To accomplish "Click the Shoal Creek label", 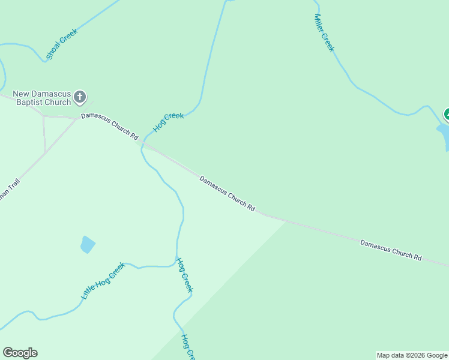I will (61, 44).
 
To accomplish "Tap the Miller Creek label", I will (324, 33).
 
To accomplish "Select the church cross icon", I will (80, 97).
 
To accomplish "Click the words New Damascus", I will (42, 94).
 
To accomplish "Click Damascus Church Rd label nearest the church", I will (110, 126).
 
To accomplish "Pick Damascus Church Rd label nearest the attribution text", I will (391, 250).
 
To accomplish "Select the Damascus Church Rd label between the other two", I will (228, 193).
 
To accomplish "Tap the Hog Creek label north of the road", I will (169, 122).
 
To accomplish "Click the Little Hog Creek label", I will (103, 281).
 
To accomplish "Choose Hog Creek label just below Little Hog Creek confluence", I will (184, 275).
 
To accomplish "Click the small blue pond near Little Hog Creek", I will (88, 244).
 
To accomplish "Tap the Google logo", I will (20, 353).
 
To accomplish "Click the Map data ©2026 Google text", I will (412, 355).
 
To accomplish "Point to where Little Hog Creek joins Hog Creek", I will (176, 265).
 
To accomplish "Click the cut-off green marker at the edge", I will (446, 114).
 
